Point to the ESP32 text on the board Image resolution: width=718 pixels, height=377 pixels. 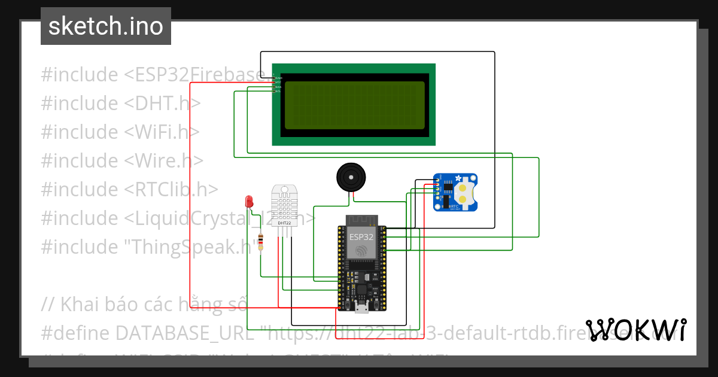[x=361, y=237]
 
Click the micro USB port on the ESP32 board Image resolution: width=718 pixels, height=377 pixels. [x=361, y=308]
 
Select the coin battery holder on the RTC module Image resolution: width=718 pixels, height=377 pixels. [x=463, y=192]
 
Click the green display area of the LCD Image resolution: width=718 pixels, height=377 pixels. [x=355, y=105]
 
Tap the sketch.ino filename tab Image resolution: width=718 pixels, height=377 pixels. [x=106, y=26]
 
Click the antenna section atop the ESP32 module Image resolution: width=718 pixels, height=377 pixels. [x=361, y=219]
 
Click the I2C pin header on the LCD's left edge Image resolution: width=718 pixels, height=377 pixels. [x=273, y=84]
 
